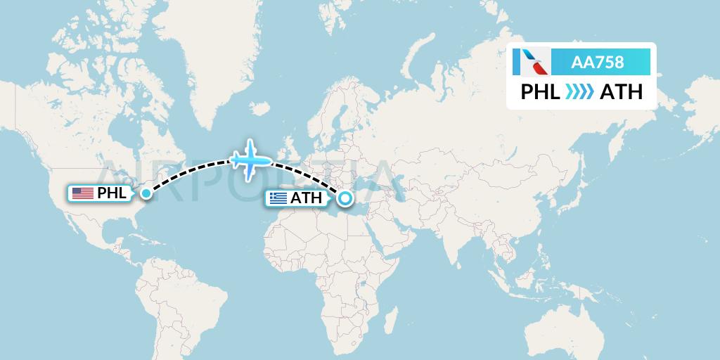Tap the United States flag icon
click(x=83, y=193)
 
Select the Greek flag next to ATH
click(x=278, y=198)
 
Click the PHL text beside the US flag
click(x=112, y=193)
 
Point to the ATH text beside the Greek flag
click(x=307, y=198)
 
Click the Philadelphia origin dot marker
click(x=146, y=193)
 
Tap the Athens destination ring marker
click(x=345, y=199)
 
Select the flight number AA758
click(x=598, y=62)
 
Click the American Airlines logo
click(x=532, y=62)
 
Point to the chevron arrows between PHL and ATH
click(x=580, y=92)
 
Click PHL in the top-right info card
click(x=540, y=92)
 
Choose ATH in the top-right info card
click(x=621, y=92)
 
